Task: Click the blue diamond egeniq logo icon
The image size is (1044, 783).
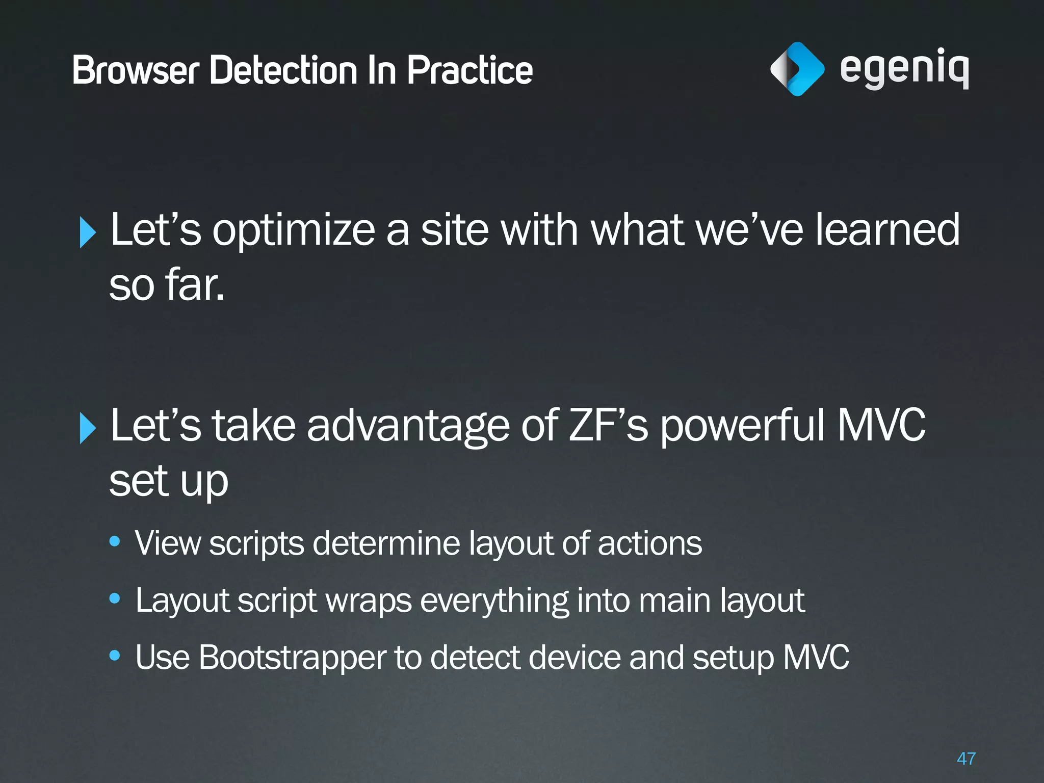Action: tap(797, 69)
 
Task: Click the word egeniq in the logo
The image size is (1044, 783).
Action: tap(904, 69)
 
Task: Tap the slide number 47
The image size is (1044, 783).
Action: tap(966, 759)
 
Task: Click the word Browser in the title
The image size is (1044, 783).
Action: tap(136, 70)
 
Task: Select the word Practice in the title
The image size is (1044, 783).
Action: tap(469, 70)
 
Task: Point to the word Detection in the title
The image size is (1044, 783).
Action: tap(283, 70)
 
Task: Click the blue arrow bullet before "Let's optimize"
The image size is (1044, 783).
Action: tap(88, 232)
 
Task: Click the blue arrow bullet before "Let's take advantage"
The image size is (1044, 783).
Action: tap(88, 428)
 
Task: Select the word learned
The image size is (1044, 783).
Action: tap(888, 229)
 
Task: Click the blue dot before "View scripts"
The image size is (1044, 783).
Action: tap(115, 541)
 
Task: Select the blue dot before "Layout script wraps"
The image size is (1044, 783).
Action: tap(115, 598)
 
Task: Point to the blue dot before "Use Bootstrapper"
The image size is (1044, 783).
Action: tap(115, 655)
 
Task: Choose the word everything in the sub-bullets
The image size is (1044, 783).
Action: tap(494, 601)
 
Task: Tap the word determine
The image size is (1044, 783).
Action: tap(387, 543)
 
